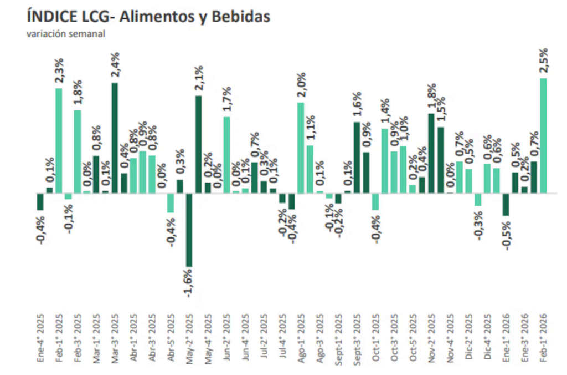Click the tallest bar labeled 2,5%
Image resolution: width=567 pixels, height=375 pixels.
pyautogui.click(x=543, y=136)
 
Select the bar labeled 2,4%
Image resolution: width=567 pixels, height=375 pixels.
pyautogui.click(x=115, y=138)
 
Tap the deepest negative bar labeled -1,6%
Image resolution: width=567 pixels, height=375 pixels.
pyautogui.click(x=189, y=230)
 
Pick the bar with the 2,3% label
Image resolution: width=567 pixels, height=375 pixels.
pyautogui.click(x=59, y=141)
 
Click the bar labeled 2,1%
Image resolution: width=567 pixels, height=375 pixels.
pyautogui.click(x=198, y=145)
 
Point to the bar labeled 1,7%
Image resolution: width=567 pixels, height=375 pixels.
pyautogui.click(x=226, y=155)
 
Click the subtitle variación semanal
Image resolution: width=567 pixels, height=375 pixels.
pyautogui.click(x=66, y=33)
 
